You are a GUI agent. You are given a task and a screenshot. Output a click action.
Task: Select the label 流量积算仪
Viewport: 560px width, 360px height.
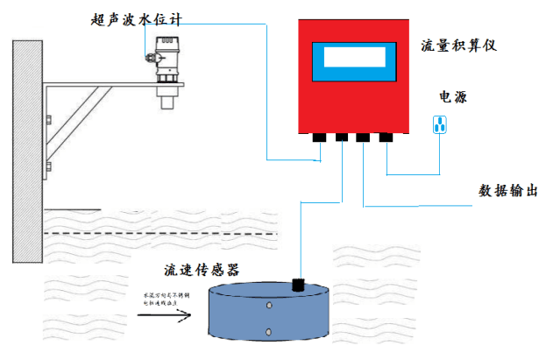458,45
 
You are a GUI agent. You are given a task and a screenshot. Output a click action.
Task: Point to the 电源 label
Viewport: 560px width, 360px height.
452,96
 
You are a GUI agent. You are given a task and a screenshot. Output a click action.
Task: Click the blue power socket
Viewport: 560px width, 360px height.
440,125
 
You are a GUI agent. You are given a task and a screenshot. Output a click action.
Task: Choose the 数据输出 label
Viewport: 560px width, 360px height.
507,190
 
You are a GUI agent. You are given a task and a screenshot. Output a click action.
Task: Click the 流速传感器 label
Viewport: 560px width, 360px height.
202,269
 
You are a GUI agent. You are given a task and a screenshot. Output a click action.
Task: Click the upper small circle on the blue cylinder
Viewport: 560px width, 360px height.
267,307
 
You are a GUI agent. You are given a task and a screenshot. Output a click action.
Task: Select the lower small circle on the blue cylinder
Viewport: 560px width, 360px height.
267,333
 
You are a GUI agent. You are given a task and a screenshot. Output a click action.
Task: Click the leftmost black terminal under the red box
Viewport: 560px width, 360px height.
317,137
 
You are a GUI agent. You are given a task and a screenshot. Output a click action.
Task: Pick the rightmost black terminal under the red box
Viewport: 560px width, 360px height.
386,137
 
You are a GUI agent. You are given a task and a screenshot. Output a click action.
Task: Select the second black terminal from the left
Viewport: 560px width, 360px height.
340,137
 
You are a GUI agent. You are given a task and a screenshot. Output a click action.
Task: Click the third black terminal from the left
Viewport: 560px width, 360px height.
363,137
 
